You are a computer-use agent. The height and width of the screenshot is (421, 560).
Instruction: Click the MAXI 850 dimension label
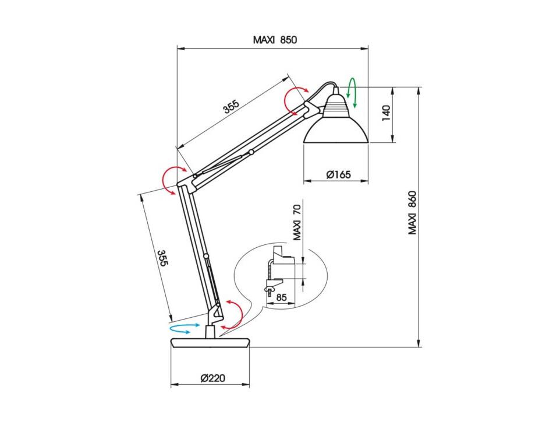[275, 39]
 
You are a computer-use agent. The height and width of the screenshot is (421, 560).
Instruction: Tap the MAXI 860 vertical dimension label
[413, 213]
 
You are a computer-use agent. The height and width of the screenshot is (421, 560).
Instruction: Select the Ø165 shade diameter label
[339, 174]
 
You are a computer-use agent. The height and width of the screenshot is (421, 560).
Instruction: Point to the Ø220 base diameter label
[213, 378]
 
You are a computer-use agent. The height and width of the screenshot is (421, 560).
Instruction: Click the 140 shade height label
[387, 113]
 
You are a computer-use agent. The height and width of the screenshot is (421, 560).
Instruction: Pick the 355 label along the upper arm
[231, 107]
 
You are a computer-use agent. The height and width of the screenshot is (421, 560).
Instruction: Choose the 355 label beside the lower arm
[162, 258]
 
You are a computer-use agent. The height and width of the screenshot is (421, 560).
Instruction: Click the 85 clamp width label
[281, 297]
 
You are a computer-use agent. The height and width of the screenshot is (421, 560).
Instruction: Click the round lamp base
[210, 343]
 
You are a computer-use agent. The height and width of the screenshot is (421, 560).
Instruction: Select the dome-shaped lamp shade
[335, 129]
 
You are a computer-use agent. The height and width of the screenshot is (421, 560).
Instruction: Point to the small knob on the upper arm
[251, 152]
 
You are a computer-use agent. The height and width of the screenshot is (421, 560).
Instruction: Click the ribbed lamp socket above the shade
[335, 104]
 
